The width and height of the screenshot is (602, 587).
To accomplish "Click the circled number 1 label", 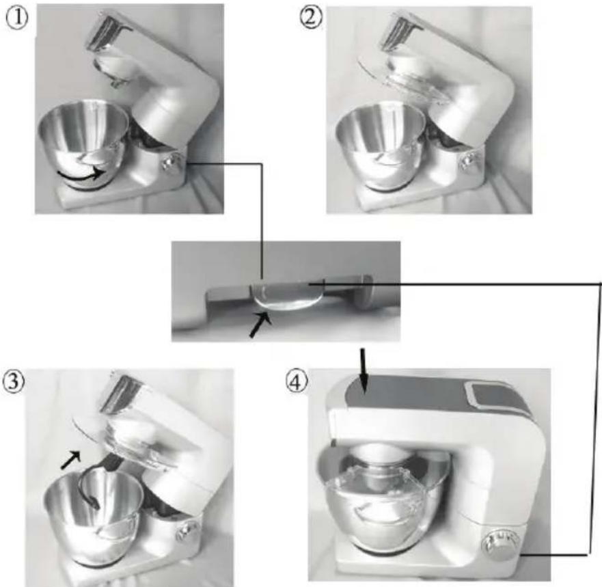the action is tap(16, 18).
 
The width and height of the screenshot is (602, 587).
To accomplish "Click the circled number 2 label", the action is tap(311, 17).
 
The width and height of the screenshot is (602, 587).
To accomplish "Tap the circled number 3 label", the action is tap(14, 381).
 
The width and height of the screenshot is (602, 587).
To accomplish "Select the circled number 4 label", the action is tap(297, 383).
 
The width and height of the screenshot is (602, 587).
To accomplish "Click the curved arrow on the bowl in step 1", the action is tap(81, 175).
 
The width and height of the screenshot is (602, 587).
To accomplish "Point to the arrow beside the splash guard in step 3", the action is tap(71, 460).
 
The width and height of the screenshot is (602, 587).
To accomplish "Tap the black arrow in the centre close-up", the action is tap(260, 325).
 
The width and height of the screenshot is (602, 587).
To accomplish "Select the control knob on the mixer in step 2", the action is tap(467, 160).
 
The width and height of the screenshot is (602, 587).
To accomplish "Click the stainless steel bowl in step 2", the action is tap(381, 146).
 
